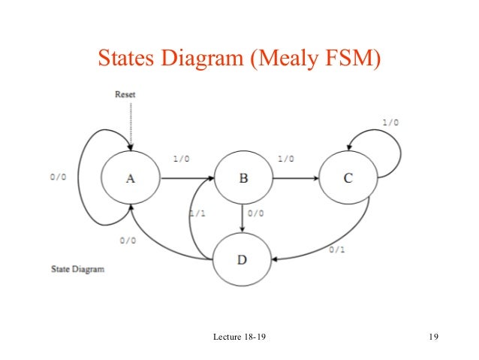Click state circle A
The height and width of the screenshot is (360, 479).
click(130, 179)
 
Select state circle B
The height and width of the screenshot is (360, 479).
click(243, 179)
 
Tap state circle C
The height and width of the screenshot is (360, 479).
click(347, 179)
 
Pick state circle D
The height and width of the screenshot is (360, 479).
click(241, 260)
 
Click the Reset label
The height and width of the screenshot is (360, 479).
click(125, 95)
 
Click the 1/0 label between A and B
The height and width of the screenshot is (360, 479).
click(181, 159)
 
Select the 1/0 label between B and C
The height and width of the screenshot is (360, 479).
click(285, 159)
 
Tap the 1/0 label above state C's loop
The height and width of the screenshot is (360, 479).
click(390, 122)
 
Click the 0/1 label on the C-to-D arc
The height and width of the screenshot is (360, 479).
click(337, 250)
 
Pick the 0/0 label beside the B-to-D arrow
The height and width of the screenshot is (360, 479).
click(255, 213)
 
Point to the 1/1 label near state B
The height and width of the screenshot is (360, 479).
click(197, 213)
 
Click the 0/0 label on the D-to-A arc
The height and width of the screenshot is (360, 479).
click(128, 241)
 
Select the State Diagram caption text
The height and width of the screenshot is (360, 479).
click(77, 268)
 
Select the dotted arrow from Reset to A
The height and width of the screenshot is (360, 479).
click(130, 124)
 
